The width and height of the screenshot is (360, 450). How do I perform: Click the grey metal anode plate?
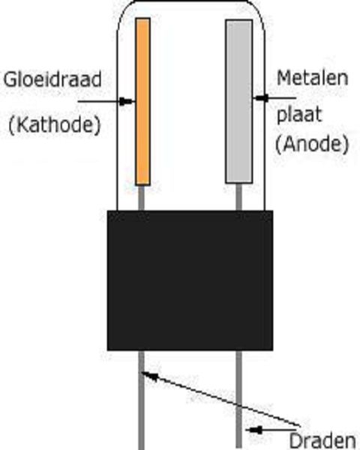(238, 101)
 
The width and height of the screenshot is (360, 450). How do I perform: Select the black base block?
(190, 280)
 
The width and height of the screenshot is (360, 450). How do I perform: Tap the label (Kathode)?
(55, 124)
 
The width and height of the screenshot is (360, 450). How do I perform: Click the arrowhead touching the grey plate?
(259, 97)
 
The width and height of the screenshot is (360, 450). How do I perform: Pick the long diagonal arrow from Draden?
(217, 402)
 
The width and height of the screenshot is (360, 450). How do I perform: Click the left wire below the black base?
(141, 405)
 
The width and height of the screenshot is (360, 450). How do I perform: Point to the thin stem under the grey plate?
(239, 197)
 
